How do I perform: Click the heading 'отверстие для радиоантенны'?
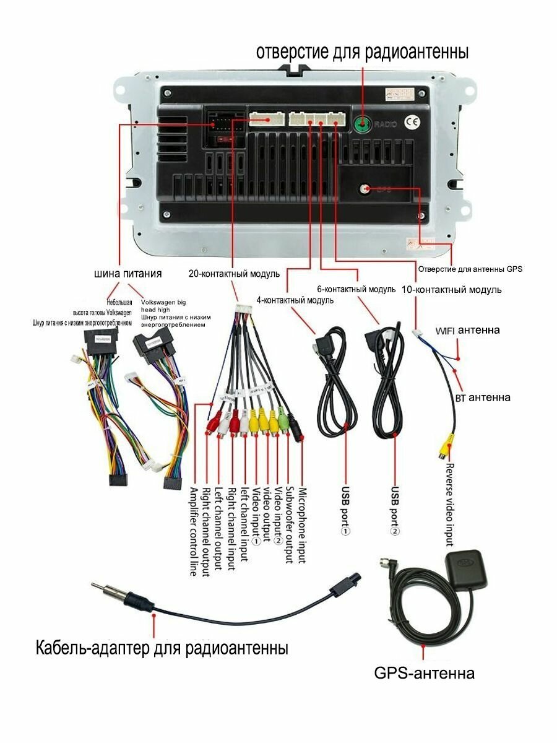(x=363, y=52)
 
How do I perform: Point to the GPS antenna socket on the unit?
(x=366, y=189)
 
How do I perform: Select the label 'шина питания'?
(x=128, y=273)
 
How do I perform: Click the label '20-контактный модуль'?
(x=235, y=273)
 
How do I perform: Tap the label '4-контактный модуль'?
(x=295, y=300)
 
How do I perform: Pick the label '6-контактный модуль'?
(x=356, y=289)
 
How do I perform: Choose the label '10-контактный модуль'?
(x=451, y=289)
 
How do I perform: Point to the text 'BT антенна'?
(x=482, y=397)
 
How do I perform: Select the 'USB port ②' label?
(x=395, y=511)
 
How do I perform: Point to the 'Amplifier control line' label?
(x=193, y=531)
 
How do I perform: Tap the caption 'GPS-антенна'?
(x=425, y=673)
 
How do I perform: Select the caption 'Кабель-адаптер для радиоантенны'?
(x=162, y=648)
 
